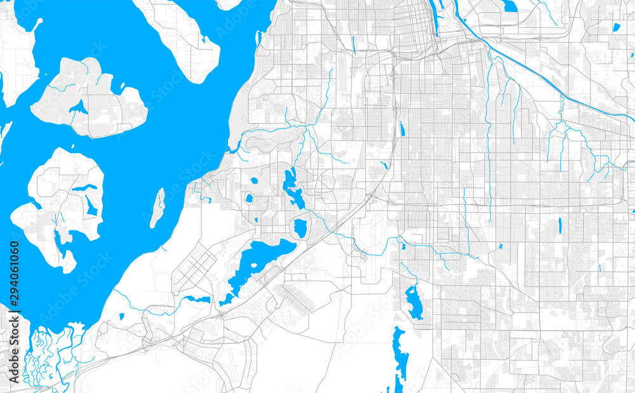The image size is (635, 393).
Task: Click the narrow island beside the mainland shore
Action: click(157, 208)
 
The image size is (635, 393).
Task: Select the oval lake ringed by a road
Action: click(300, 227)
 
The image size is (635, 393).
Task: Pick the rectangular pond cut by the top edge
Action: click(510, 6)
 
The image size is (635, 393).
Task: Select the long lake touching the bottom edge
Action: click(400, 359)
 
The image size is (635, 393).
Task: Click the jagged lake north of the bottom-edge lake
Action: click(414, 303)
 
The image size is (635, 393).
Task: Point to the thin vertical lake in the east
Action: click(559, 226)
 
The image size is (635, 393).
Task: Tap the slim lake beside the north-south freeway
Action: click(402, 130)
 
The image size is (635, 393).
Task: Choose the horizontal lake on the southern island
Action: click(84, 189)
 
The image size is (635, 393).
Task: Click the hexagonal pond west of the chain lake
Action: click(249, 199)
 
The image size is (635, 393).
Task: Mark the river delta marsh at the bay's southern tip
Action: click(48, 356)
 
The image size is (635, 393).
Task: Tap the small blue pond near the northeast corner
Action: click(616, 27)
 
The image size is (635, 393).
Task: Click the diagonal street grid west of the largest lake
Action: click(194, 267)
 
